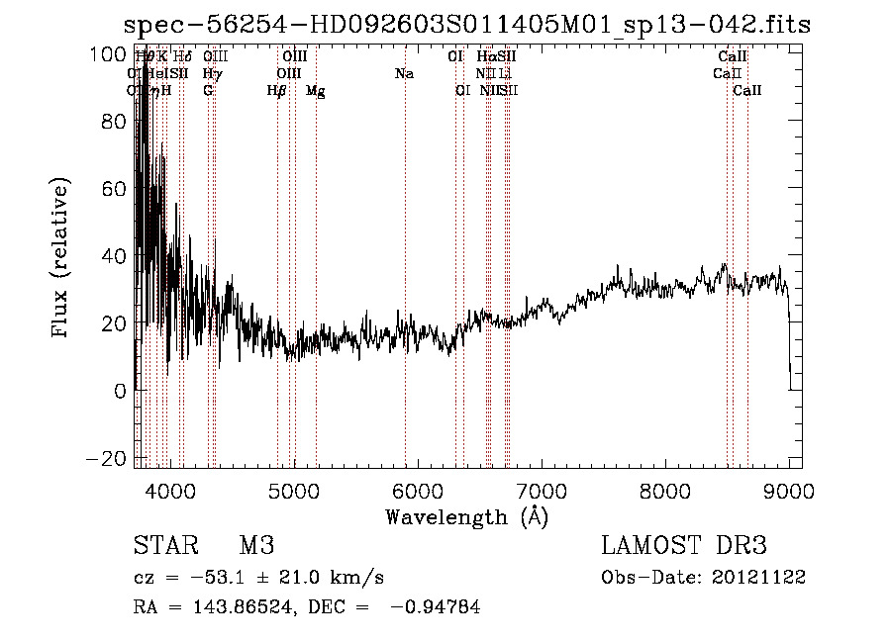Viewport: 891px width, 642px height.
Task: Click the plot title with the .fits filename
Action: (465, 25)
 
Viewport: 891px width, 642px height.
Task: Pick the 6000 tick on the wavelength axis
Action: (418, 490)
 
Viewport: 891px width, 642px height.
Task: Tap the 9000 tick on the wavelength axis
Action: (789, 490)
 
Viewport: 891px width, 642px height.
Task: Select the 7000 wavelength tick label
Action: (542, 490)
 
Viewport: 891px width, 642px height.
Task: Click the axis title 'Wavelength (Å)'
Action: (466, 515)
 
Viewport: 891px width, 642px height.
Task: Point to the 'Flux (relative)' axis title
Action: (61, 259)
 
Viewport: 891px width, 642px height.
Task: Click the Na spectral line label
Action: (404, 74)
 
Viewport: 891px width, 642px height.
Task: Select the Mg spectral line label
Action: (315, 91)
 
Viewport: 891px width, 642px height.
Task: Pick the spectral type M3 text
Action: (255, 546)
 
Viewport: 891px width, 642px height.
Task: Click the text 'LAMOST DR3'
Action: (683, 546)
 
